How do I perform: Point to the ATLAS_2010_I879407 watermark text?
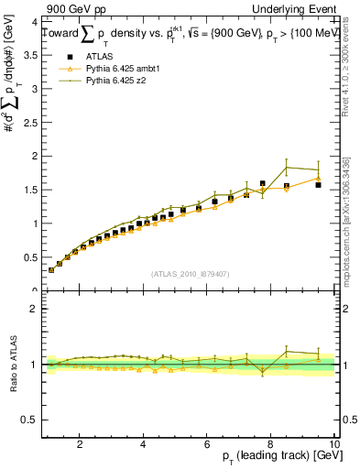(x=190, y=273)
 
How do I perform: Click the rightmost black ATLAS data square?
(x=318, y=185)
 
